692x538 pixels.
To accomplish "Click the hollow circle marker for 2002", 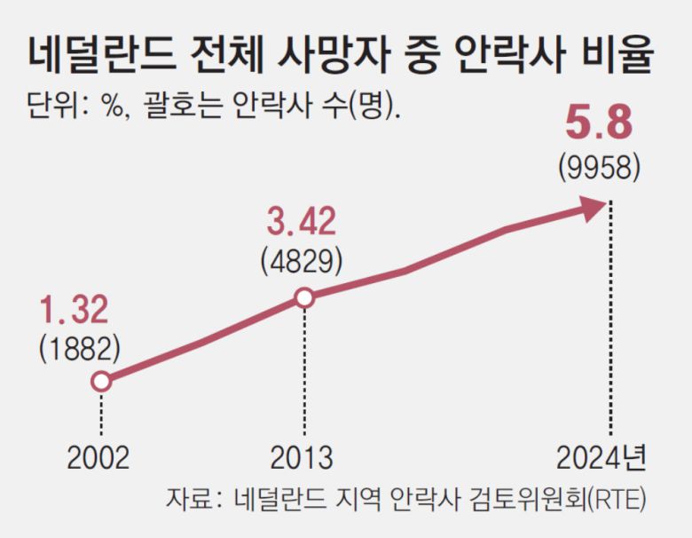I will coord(101,382).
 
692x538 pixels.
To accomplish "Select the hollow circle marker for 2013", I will coord(303,298).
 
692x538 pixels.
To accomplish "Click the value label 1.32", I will coord(74,311).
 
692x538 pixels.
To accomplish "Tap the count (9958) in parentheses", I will coord(599,167).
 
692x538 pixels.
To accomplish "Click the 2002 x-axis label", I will coord(98,457).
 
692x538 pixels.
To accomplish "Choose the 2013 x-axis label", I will coord(302,457).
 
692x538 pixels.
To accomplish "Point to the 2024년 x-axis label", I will coord(602,457).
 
